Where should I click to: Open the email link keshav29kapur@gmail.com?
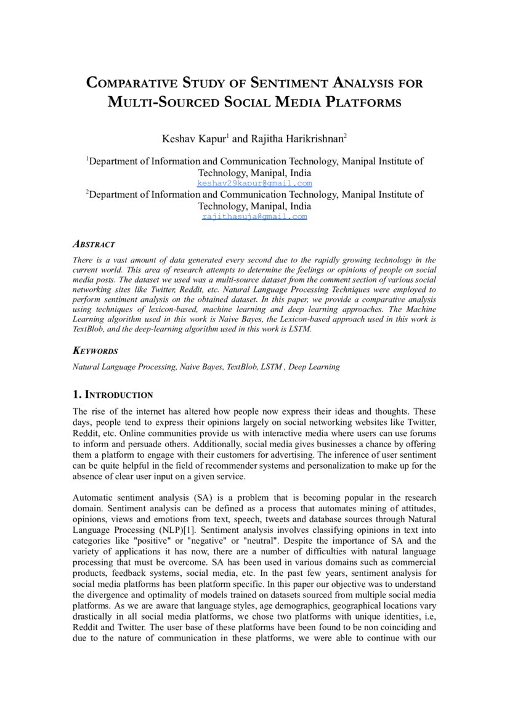point(254,184)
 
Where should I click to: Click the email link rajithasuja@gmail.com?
point(254,217)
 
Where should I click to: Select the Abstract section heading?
point(94,245)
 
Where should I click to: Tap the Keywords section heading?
point(95,351)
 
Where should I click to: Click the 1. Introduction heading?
point(113,394)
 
